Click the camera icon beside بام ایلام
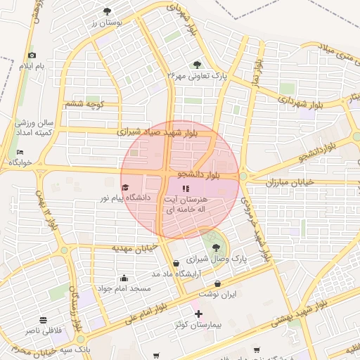(x=31, y=56)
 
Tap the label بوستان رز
(x=107, y=22)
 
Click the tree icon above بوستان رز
(x=107, y=11)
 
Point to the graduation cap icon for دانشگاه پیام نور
(x=125, y=188)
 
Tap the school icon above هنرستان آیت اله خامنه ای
(x=186, y=188)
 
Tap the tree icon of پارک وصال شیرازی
(x=215, y=247)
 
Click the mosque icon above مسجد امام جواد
(x=124, y=278)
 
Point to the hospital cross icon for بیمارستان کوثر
(x=198, y=314)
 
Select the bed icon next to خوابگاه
(x=20, y=152)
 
